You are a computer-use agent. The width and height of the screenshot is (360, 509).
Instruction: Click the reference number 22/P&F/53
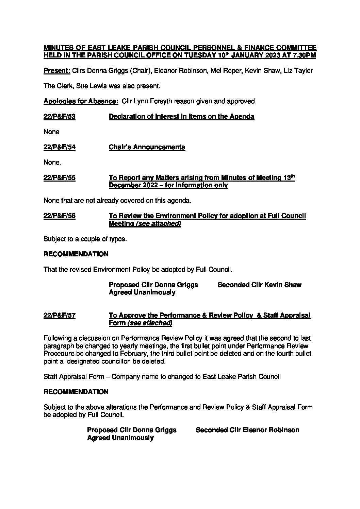tap(60, 117)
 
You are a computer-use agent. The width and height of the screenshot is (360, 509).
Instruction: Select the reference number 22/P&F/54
tap(60, 147)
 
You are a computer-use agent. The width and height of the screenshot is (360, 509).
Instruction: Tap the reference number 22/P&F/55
tap(60, 178)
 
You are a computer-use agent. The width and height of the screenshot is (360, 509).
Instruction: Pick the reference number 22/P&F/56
tap(60, 216)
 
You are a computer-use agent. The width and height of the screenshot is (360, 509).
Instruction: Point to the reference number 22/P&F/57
tap(60, 316)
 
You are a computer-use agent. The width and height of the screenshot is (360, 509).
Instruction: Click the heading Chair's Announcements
tap(147, 147)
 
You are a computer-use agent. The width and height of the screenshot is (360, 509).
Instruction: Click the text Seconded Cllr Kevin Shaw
tap(259, 285)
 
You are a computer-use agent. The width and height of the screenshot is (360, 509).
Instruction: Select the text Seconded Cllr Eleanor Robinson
tap(247, 430)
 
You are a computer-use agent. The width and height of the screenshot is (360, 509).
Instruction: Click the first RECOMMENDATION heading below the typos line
tap(76, 254)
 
